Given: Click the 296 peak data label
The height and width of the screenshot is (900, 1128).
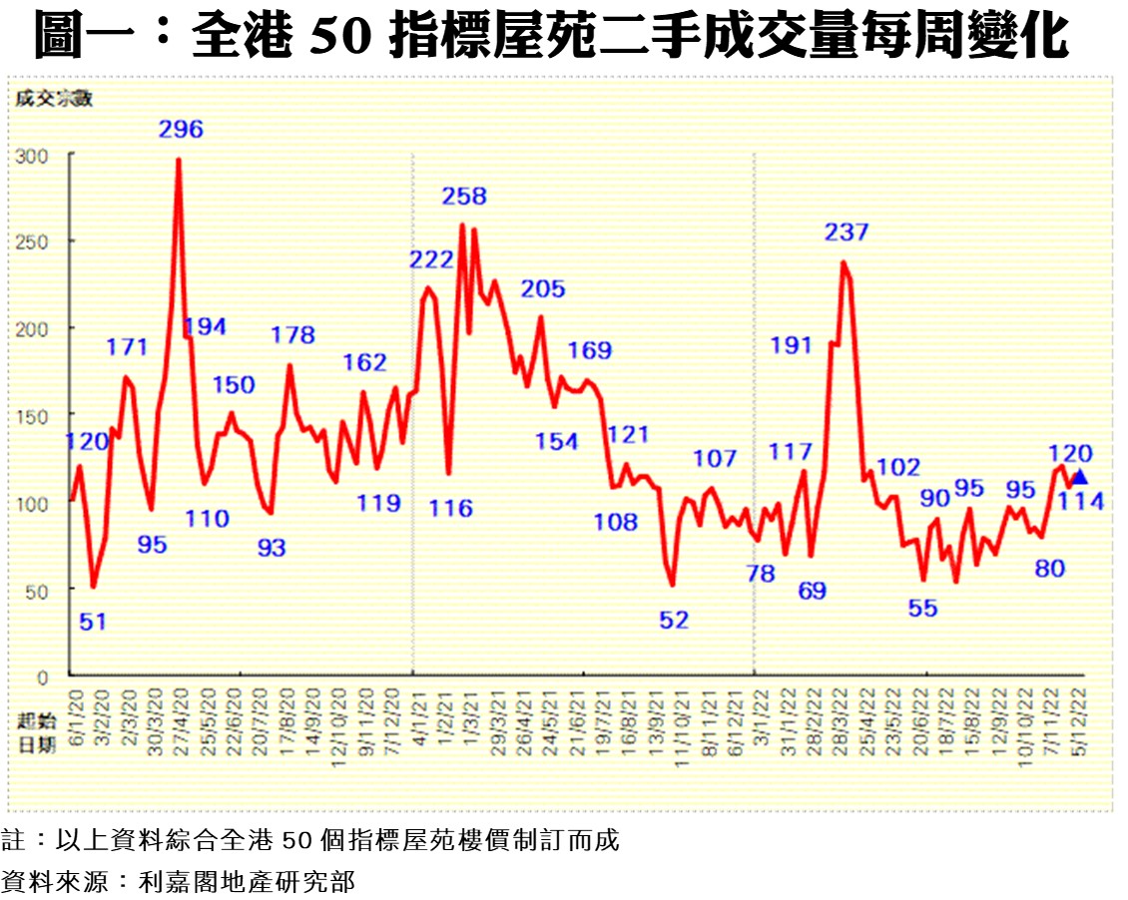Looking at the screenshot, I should click(x=181, y=129).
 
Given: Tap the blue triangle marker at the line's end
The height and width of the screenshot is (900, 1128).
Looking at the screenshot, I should click(x=1079, y=477).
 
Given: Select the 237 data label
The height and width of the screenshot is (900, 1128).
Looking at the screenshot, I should click(x=846, y=232).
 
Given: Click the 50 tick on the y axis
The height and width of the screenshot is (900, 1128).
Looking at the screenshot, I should click(x=39, y=590).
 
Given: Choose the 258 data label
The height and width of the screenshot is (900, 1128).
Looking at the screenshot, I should click(x=464, y=197).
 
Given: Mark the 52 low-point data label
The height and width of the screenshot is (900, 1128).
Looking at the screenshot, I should click(x=674, y=620).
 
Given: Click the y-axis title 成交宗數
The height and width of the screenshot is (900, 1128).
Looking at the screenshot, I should click(x=53, y=98).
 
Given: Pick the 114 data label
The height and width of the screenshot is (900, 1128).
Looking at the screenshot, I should click(x=1082, y=502).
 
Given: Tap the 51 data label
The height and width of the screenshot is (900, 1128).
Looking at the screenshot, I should click(x=92, y=622).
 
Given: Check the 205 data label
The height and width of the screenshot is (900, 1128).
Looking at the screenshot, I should click(x=543, y=289).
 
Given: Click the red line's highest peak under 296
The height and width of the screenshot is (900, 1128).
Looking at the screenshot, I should click(x=179, y=159).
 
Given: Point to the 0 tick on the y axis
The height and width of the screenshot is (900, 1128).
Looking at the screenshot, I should click(x=43, y=676).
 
